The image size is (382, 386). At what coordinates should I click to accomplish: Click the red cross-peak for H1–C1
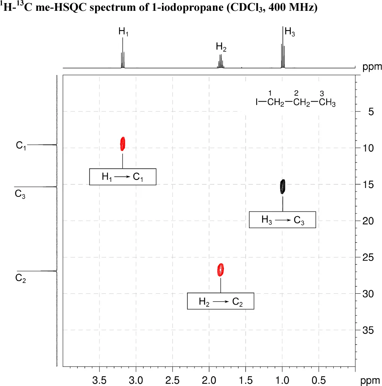(x=123, y=144)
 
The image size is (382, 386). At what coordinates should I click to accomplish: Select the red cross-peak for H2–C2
(x=221, y=270)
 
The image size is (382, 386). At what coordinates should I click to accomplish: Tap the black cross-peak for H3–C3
(x=283, y=186)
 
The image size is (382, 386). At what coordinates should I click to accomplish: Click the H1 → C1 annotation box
(x=123, y=177)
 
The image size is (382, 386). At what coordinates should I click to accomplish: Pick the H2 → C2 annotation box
(x=220, y=301)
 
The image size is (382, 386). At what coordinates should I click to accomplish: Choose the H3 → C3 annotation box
(x=282, y=220)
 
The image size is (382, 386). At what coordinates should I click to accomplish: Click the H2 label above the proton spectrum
(x=221, y=47)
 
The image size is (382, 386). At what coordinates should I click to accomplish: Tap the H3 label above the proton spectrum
(x=290, y=32)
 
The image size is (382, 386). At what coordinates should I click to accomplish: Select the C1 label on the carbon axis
(x=21, y=146)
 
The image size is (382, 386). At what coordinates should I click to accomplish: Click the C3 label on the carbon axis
(x=20, y=194)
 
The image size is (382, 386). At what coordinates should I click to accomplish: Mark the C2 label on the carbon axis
(x=20, y=278)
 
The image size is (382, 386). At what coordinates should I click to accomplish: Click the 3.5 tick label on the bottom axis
(x=100, y=377)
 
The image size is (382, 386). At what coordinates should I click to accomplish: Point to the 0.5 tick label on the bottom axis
(x=319, y=377)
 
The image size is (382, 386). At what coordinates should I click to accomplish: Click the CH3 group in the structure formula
(x=327, y=103)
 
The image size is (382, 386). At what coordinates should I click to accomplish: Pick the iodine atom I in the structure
(x=257, y=102)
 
